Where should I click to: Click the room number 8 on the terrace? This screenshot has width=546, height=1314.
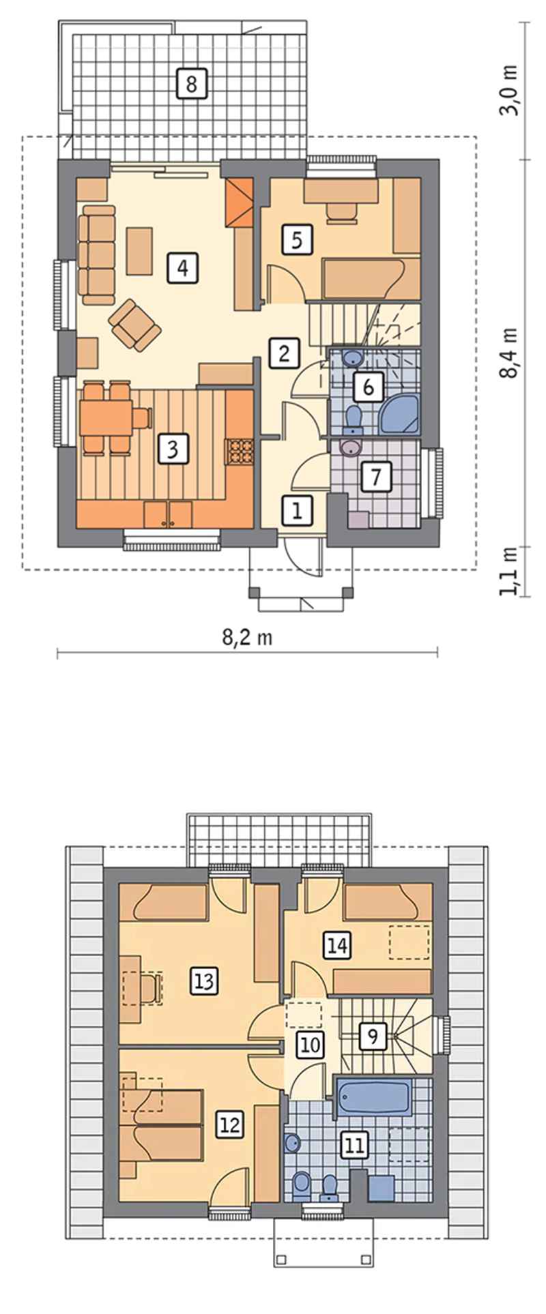tap(190, 83)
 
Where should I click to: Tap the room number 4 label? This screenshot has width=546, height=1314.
tap(182, 268)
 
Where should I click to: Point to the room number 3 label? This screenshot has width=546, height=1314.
tap(172, 449)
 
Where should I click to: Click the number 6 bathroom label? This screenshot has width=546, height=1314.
tap(368, 387)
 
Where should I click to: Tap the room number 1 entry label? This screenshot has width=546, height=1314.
tap(297, 510)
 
